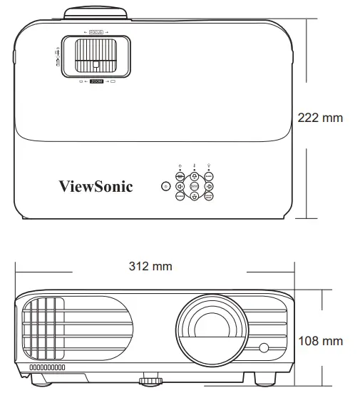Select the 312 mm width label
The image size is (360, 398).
click(150, 266)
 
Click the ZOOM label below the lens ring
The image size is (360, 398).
click(96, 83)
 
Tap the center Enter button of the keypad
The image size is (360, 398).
click(194, 187)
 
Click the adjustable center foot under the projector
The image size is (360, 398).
click(149, 379)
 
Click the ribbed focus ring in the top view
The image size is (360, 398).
click(96, 56)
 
